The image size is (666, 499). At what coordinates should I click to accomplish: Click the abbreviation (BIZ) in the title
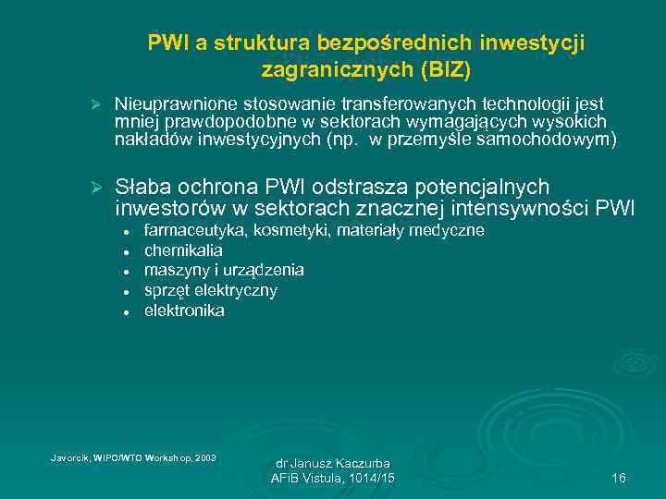448,69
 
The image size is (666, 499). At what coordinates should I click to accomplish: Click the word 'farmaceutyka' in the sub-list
190,230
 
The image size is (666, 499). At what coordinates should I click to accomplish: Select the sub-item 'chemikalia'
183,250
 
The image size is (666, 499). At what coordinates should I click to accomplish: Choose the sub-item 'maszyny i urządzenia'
224,270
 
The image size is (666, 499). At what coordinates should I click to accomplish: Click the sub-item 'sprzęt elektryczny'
210,290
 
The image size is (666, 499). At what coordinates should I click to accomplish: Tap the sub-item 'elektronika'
184,310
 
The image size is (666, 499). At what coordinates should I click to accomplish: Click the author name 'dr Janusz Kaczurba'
332,462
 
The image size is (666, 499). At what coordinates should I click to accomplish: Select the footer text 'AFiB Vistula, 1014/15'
332,478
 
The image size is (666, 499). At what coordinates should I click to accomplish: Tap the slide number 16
619,478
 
